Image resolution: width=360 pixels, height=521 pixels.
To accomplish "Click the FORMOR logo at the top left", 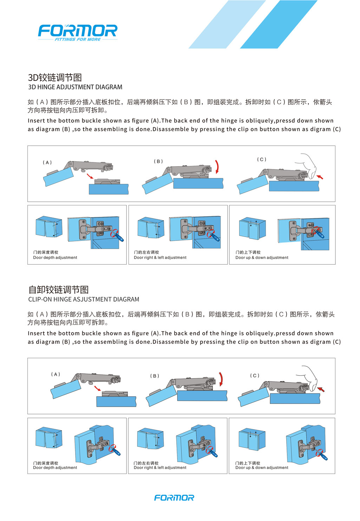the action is (78, 33).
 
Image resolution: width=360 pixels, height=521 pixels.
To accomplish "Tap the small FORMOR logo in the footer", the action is (174, 498).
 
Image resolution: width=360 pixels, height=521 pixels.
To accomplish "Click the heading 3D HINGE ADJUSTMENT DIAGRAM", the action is (75, 87).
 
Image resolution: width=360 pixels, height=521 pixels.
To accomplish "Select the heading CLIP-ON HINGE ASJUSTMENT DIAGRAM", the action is (84, 299).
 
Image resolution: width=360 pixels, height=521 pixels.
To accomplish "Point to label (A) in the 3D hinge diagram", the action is (47, 162).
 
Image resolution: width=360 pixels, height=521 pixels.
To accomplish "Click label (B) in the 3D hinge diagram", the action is (158, 161).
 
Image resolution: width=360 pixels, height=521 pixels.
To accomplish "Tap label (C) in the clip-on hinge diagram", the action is (255, 375).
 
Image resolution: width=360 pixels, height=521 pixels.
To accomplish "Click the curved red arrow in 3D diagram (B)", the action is (217, 167).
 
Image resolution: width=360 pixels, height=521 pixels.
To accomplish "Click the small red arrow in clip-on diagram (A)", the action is (98, 388).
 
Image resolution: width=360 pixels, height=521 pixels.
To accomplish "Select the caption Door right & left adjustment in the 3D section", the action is (160, 257).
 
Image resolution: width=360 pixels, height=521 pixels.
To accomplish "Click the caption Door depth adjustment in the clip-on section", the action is (55, 468).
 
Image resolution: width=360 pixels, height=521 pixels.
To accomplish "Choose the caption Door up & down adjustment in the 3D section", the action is (262, 257).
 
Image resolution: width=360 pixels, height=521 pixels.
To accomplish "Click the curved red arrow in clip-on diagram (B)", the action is (221, 379).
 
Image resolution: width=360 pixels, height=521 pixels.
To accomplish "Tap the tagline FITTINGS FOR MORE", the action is (78, 39).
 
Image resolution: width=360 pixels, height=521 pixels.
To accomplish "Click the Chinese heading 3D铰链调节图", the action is (55, 77).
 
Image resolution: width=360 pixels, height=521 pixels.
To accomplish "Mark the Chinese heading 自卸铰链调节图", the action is (59, 290).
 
